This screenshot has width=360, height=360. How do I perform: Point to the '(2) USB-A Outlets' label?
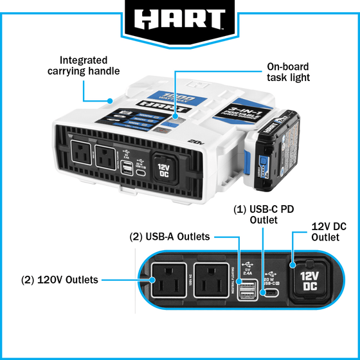[x=170, y=237]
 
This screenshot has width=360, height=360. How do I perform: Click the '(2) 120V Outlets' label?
[x=60, y=280]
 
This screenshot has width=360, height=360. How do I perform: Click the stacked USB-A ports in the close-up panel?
[x=246, y=289]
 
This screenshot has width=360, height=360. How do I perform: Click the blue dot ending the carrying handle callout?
[x=110, y=100]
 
